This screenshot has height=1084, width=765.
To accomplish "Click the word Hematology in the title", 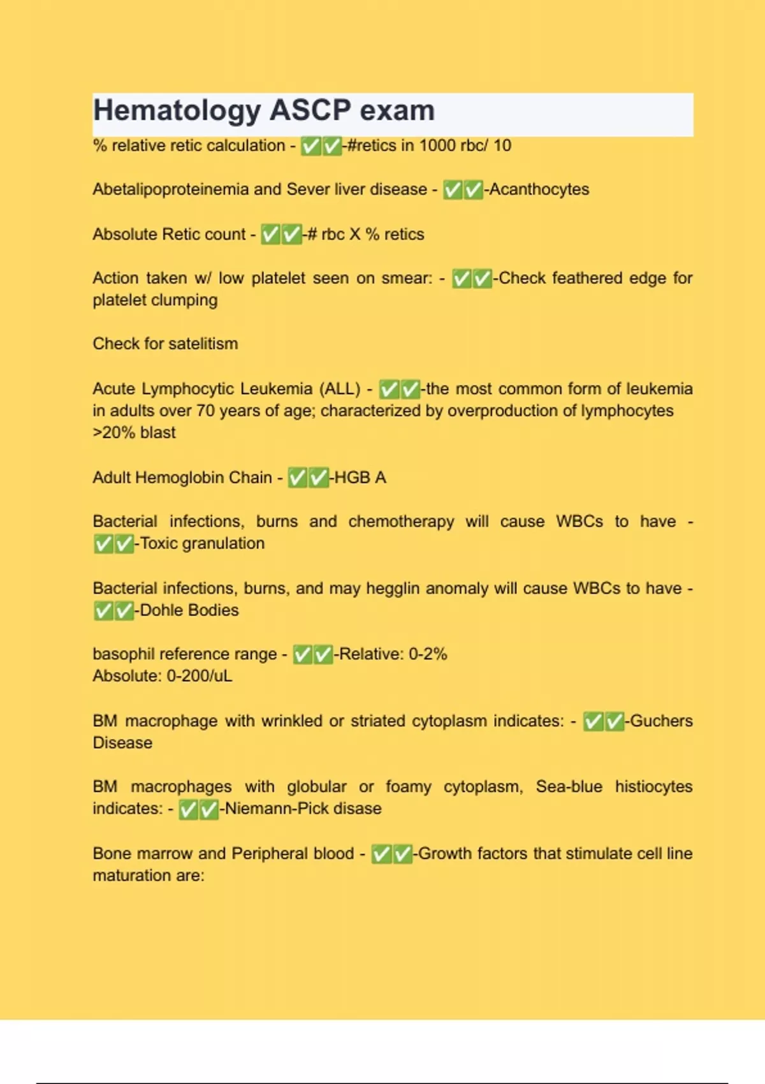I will click(177, 111).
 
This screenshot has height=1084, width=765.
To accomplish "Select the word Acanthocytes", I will click(539, 189).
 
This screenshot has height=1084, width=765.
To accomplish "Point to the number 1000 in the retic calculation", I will click(437, 145).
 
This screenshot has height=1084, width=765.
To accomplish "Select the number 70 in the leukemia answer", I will click(205, 411).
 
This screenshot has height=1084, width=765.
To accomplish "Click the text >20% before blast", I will click(114, 432).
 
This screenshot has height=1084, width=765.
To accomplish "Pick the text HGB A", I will click(360, 478).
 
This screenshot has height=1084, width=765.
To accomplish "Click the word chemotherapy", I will click(401, 522).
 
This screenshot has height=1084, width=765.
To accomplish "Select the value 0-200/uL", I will click(200, 676).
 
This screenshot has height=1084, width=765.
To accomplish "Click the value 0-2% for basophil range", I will click(428, 654).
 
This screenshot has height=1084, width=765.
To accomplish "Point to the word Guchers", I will click(661, 721).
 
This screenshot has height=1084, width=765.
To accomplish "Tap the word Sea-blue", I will click(569, 787).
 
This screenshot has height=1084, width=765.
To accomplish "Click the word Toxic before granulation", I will click(158, 543).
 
